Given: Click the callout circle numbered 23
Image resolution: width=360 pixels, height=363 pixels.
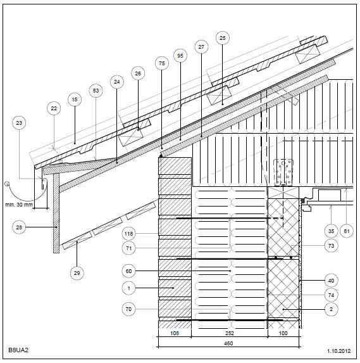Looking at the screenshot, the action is coord(19,123).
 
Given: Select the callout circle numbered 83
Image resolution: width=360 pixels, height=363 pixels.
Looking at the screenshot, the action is coord(96,91).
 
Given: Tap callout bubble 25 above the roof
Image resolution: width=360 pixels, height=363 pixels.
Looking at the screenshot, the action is coord(223,38).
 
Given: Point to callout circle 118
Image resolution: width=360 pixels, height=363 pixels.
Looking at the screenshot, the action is coord(128,234).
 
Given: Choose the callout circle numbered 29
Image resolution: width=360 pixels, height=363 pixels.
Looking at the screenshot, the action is coord(77,273).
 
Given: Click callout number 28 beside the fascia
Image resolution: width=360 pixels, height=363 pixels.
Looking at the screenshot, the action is coord(19,227).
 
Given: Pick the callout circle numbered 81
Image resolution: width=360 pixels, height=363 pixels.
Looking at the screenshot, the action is coord(347,231).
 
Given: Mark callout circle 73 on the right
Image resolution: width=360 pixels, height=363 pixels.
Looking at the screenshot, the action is coord(331,246).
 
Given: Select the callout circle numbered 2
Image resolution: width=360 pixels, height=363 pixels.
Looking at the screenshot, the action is coord(331,309).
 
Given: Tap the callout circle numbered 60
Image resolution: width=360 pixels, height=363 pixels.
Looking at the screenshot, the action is coord(128,271).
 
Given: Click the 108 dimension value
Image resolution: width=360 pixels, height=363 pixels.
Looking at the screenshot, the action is coord(175,333).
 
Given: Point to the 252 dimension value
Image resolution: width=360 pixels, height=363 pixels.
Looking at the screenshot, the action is coord(230,333).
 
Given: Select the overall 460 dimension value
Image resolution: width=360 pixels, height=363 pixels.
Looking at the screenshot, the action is coord(228,343).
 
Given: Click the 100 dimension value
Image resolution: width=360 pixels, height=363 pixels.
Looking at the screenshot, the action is coord(283,333).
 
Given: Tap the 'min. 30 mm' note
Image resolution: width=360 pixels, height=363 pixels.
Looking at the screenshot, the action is coord(19,205).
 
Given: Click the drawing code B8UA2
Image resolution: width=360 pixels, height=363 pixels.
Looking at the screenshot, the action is coord(18,350).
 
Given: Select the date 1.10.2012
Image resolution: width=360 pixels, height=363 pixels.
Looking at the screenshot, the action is coord(338,351).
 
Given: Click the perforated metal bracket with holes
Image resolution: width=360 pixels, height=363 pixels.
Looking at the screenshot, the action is coord(283,172).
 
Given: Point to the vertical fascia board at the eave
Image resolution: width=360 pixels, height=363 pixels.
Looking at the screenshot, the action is coord(56,213).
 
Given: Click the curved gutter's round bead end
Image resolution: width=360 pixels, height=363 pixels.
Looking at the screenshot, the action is coord(7,184).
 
